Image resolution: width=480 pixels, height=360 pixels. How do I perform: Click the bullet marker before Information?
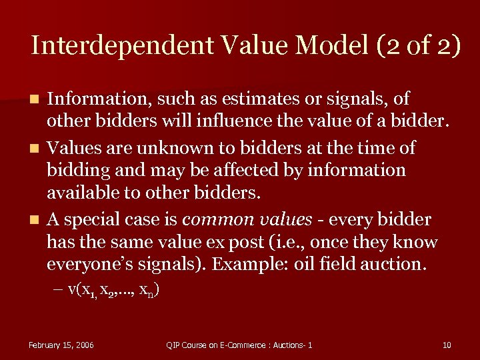pos(37,100)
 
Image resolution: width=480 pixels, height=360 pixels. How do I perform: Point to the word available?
pos(83,193)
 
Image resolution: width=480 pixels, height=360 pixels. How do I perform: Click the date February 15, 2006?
pos(61,345)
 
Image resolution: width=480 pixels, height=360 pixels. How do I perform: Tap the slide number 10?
pos(446,345)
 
